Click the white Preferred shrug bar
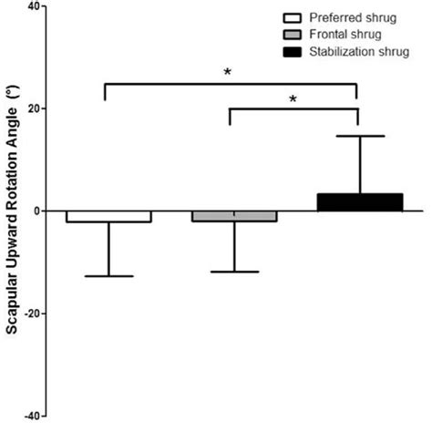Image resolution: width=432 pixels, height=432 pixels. coord(108,216)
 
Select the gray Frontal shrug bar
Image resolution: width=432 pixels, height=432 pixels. coord(234,216)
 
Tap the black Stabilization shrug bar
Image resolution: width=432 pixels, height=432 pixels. coord(360,202)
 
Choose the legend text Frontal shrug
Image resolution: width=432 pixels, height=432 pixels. coord(343,35)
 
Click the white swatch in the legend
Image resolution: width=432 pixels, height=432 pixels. coord(293,18)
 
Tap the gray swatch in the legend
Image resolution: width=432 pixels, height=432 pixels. coord(293,35)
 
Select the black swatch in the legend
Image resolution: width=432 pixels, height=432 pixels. coord(293,52)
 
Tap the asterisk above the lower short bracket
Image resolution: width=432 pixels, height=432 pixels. coord(293,98)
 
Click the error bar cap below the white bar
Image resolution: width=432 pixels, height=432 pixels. coord(108,276)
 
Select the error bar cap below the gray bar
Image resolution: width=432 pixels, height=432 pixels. coord(234,272)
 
